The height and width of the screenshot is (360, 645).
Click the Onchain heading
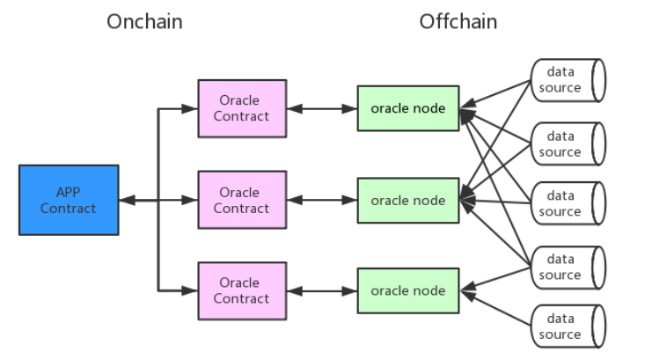144,21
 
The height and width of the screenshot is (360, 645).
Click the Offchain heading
458,21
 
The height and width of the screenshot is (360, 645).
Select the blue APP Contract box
69,200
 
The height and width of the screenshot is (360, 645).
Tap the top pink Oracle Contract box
242,108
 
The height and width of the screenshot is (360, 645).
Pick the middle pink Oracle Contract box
242,200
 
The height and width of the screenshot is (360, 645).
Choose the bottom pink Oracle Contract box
242,290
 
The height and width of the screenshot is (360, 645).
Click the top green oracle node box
407,108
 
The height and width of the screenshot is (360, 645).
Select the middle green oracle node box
407,200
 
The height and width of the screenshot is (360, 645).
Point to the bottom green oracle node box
407,290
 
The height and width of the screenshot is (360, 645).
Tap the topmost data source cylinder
568,79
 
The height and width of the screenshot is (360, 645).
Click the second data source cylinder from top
568,143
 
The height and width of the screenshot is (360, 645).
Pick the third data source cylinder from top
568,203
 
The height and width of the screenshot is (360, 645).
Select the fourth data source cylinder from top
568,267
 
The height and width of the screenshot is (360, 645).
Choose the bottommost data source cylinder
568,327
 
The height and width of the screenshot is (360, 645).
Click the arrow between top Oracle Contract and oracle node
321,108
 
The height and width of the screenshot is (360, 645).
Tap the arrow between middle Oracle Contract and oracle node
321,201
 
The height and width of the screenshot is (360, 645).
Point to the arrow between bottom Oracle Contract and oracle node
321,290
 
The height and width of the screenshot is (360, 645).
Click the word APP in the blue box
69,192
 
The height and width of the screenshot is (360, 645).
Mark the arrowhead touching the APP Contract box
125,201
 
